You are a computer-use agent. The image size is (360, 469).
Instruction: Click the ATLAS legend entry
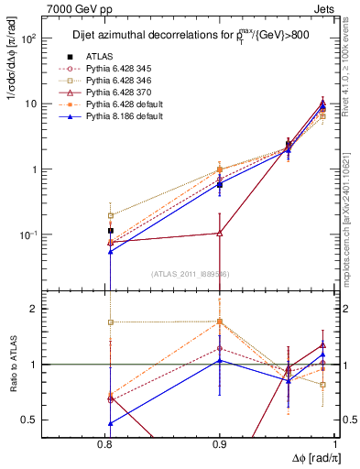pos(100,56)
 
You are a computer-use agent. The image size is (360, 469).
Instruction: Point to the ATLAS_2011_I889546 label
pos(191,274)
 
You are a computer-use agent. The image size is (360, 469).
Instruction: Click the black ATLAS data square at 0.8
pos(111,231)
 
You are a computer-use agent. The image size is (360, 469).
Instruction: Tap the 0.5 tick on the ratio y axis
pos(55,420)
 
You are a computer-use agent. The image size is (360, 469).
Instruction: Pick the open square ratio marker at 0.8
pos(111,322)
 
